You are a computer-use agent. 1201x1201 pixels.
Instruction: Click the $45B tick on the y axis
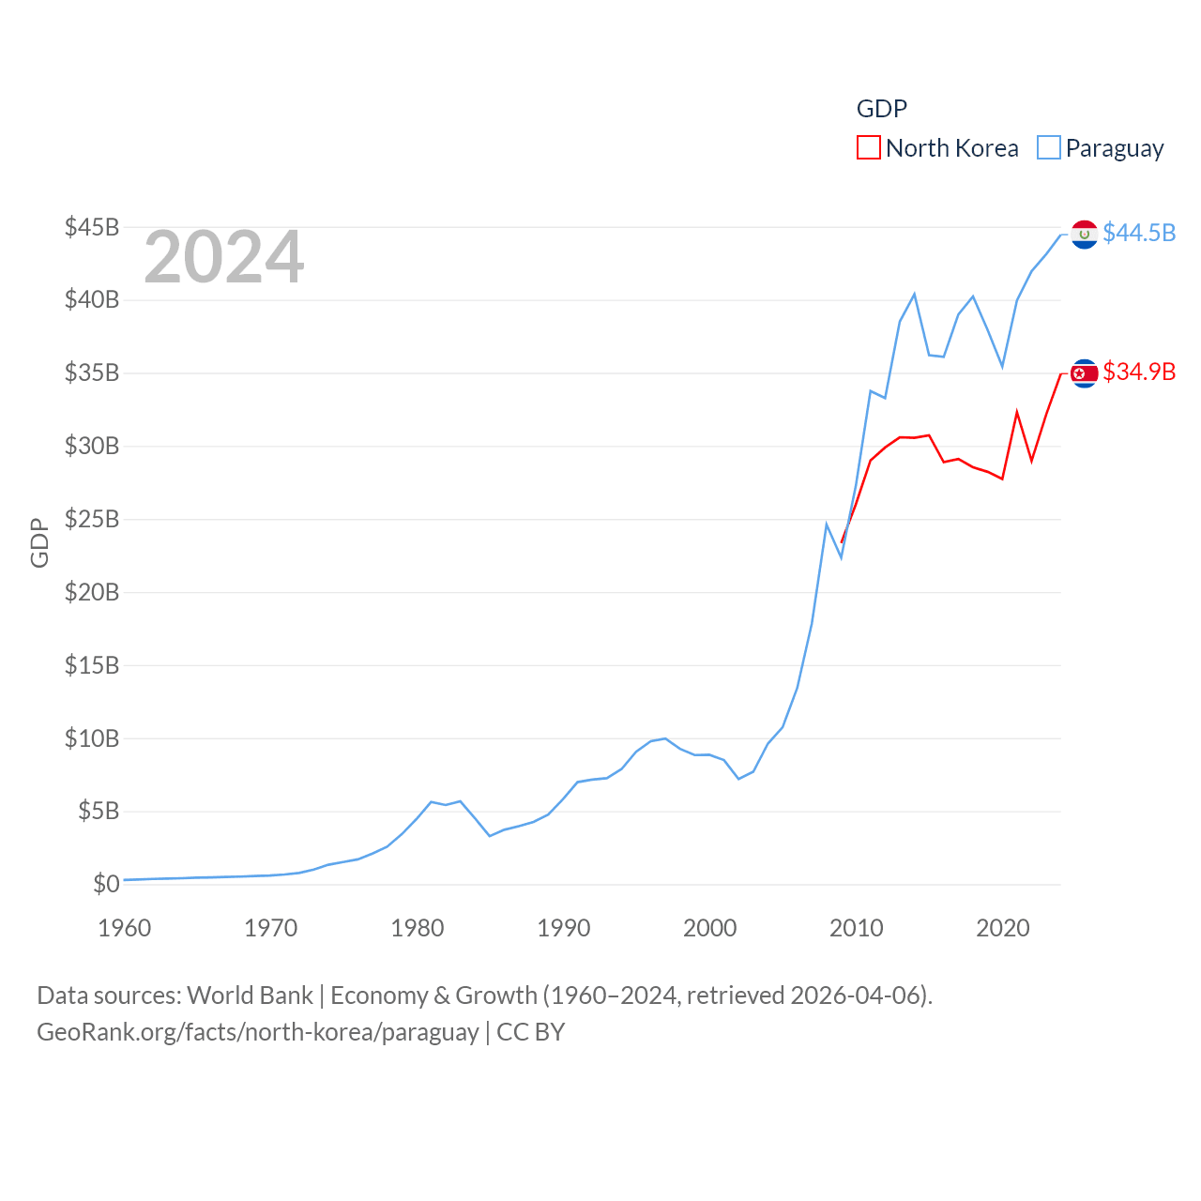pyautogui.click(x=92, y=227)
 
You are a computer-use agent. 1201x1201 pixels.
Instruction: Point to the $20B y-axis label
pyautogui.click(x=92, y=592)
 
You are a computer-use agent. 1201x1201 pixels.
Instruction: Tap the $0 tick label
pyautogui.click(x=106, y=884)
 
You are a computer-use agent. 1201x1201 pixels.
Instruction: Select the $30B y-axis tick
pyautogui.click(x=92, y=446)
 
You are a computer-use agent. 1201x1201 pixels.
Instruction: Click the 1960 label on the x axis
pyautogui.click(x=125, y=928)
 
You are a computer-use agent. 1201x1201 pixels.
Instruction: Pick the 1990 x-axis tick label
pyautogui.click(x=564, y=928)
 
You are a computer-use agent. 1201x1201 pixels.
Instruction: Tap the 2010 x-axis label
pyautogui.click(x=857, y=928)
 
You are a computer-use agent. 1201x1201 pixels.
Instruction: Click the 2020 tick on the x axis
pyautogui.click(x=1003, y=928)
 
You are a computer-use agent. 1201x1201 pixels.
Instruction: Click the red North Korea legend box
pyautogui.click(x=869, y=148)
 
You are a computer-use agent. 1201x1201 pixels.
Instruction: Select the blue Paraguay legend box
pyautogui.click(x=1049, y=148)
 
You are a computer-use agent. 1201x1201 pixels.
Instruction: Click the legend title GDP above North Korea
pyautogui.click(x=882, y=109)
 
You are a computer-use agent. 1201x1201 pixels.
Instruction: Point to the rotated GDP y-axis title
pyautogui.click(x=39, y=542)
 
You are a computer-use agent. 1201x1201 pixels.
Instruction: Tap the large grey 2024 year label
pyautogui.click(x=224, y=257)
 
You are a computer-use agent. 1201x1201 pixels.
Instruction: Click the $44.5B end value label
pyautogui.click(x=1139, y=233)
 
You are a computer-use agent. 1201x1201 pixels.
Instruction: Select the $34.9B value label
pyautogui.click(x=1139, y=372)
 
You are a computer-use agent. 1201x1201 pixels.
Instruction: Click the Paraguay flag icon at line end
pyautogui.click(x=1085, y=235)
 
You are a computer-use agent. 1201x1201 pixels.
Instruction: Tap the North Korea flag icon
pyautogui.click(x=1085, y=373)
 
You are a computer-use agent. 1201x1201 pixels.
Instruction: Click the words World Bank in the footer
pyautogui.click(x=250, y=996)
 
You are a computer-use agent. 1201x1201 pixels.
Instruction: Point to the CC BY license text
pyautogui.click(x=531, y=1032)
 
